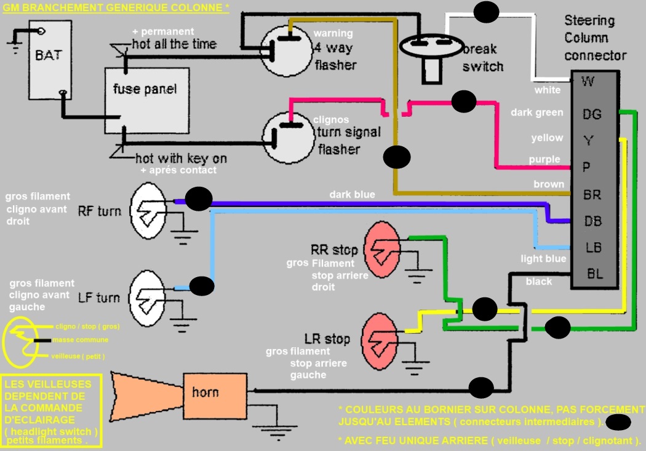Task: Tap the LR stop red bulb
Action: [380, 339]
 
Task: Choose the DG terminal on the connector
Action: [591, 114]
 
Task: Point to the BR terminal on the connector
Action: [592, 195]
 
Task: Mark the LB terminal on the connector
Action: [593, 248]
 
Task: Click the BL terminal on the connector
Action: [595, 274]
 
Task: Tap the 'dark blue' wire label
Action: [352, 195]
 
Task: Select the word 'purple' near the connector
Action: [544, 160]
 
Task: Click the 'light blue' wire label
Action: [543, 259]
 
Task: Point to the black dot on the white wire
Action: [487, 11]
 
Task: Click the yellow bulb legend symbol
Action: [23, 342]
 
